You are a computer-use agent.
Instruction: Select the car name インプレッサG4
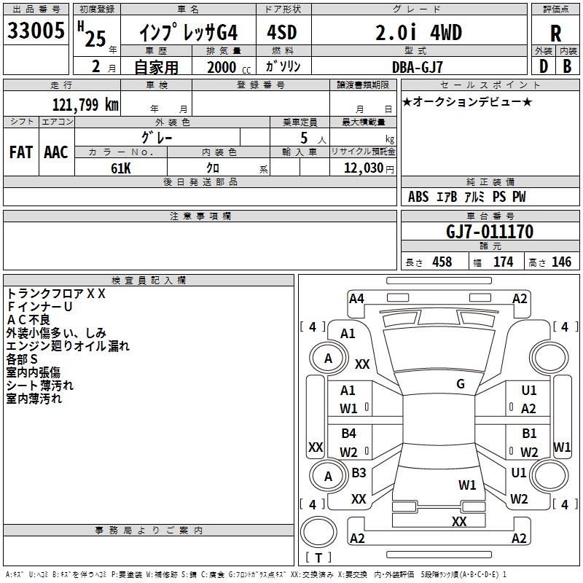pyautogui.click(x=189, y=33)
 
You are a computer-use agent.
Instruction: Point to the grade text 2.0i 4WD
pyautogui.click(x=418, y=33)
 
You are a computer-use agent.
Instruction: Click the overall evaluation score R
pyautogui.click(x=555, y=34)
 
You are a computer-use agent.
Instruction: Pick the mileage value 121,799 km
pyautogui.click(x=85, y=104)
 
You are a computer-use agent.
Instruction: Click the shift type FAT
pyautogui.click(x=20, y=152)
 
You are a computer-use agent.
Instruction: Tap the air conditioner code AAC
pyautogui.click(x=56, y=152)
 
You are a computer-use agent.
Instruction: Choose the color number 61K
pyautogui.click(x=121, y=168)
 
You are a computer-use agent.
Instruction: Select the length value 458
pyautogui.click(x=442, y=262)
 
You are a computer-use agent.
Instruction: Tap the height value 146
pyautogui.click(x=561, y=262)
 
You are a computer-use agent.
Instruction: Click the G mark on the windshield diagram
pyautogui.click(x=461, y=384)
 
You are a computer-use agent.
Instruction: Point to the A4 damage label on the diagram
pyautogui.click(x=356, y=298)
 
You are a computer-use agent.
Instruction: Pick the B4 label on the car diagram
pyautogui.click(x=349, y=434)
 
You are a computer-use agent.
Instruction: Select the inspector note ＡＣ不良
pyautogui.click(x=30, y=319)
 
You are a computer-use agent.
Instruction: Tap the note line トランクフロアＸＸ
pyautogui.click(x=56, y=294)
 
